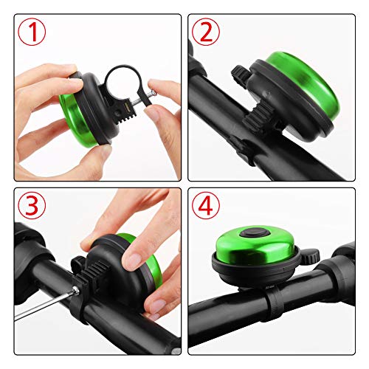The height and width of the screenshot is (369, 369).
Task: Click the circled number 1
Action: coord(32,32)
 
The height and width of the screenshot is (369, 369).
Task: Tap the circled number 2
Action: coord(206,32)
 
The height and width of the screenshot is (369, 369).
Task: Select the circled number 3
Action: coord(32,205)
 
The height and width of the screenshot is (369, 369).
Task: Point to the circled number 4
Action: coord(206,205)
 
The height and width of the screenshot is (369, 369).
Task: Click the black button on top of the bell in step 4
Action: coord(255,232)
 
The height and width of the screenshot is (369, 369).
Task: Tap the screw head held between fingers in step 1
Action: coord(154,93)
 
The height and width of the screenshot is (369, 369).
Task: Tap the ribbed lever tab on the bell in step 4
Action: coord(311,256)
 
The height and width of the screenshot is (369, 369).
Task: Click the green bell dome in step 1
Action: coord(76,120)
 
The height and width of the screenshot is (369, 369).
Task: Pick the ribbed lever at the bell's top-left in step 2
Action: coord(241,75)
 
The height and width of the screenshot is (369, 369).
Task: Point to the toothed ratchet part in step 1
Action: coord(128,112)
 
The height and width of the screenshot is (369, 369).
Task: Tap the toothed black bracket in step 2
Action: coord(258,115)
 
